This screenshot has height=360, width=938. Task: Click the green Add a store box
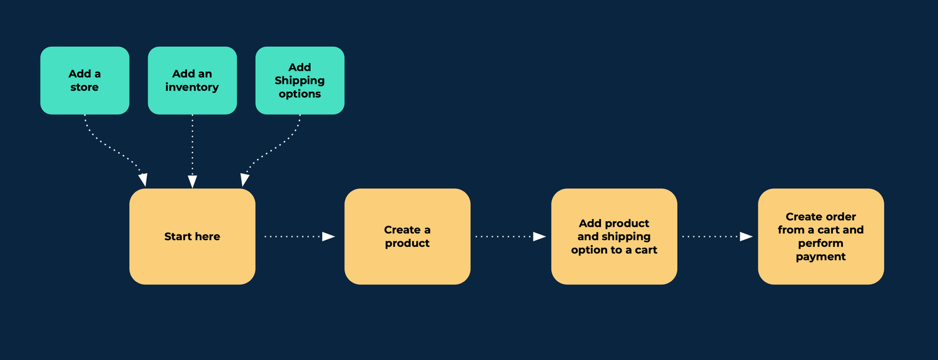pyautogui.click(x=84, y=80)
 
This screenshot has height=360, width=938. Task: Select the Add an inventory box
pyautogui.click(x=192, y=80)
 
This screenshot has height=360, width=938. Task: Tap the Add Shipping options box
pyautogui.click(x=300, y=80)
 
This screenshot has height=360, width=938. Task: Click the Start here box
pyautogui.click(x=192, y=236)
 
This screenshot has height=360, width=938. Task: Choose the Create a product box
pyautogui.click(x=407, y=236)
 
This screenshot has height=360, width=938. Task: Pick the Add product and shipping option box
pyautogui.click(x=614, y=236)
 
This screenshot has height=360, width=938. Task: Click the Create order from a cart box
pyautogui.click(x=820, y=236)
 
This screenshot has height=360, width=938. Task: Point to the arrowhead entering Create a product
pyautogui.click(x=329, y=236)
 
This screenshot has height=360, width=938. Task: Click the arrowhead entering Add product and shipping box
pyautogui.click(x=539, y=236)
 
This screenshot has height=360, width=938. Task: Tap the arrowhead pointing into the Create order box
pyautogui.click(x=746, y=236)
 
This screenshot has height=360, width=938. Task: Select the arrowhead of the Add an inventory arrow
pyautogui.click(x=193, y=181)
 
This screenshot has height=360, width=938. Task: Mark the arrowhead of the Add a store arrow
pyautogui.click(x=143, y=180)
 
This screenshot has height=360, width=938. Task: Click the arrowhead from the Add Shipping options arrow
pyautogui.click(x=245, y=180)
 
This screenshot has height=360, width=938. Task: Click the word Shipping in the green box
pyautogui.click(x=300, y=81)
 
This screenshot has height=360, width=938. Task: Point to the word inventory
pyautogui.click(x=192, y=87)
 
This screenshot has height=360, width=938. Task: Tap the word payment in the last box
pyautogui.click(x=820, y=257)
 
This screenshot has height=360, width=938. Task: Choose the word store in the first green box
pyautogui.click(x=84, y=87)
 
